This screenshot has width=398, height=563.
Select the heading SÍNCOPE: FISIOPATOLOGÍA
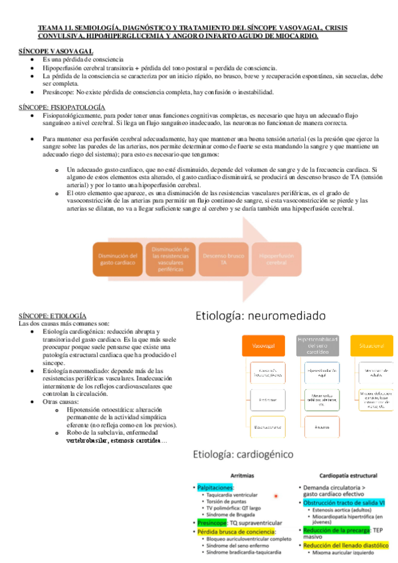point(61,107)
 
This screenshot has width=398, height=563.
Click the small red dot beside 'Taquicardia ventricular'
point(275,496)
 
